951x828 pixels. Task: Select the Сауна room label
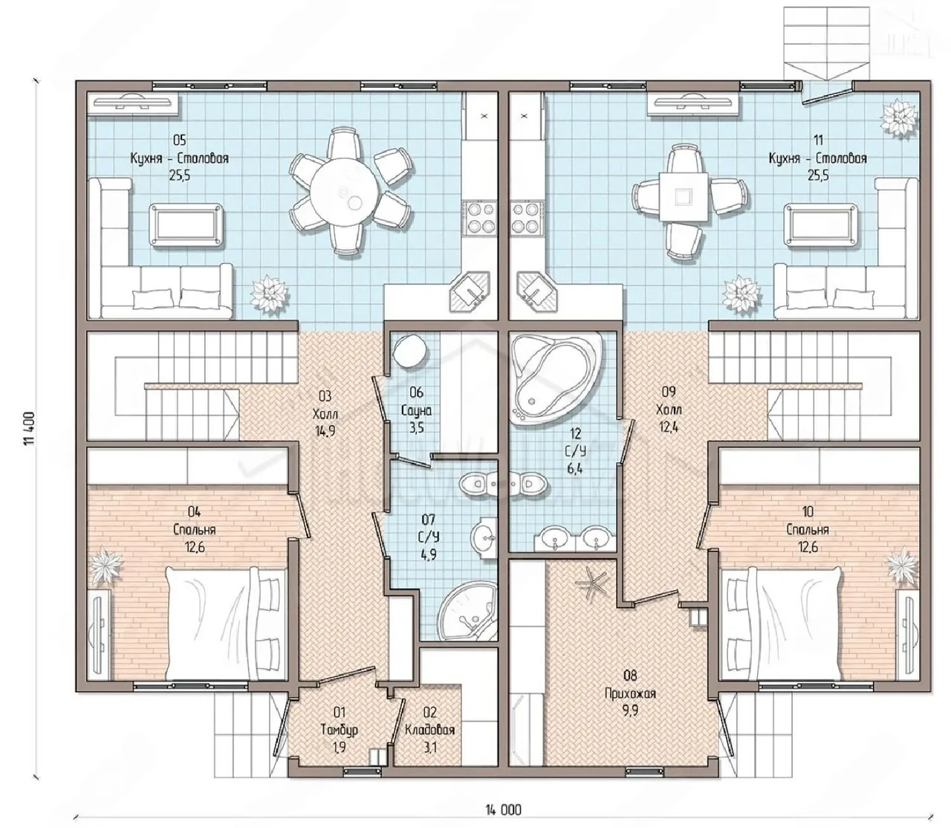point(416,410)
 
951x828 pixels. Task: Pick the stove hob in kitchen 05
point(479,216)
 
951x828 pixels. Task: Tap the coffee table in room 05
point(186,221)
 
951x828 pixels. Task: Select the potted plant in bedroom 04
point(108,566)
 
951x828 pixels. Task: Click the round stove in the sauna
point(408,352)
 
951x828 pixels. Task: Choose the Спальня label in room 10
point(808,529)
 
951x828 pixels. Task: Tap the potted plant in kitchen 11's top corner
point(900,118)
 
